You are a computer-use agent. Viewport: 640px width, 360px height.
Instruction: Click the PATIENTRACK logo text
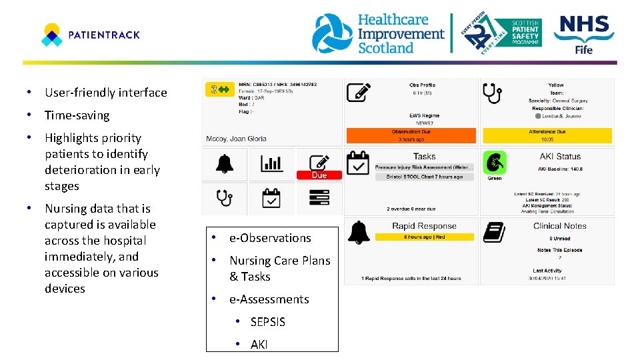(x=104, y=35)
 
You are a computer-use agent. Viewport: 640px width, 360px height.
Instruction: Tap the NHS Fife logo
(x=584, y=34)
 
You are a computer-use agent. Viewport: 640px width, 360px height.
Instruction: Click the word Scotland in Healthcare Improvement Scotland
(x=386, y=48)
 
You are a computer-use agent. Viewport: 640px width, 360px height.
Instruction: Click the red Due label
(x=319, y=175)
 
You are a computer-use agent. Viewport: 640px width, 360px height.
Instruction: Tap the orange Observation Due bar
(x=411, y=135)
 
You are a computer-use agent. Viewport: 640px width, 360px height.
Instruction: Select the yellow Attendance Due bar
(x=547, y=135)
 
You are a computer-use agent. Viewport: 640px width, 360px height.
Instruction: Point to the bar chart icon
(x=271, y=163)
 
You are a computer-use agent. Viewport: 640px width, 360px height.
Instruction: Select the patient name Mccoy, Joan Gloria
(x=236, y=139)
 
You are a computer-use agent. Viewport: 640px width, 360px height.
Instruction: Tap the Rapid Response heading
(x=424, y=226)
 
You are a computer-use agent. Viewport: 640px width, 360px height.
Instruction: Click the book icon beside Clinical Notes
(x=494, y=232)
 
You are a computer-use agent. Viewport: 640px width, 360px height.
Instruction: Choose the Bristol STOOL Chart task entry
(x=424, y=177)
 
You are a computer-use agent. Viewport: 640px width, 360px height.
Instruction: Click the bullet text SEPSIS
(x=267, y=322)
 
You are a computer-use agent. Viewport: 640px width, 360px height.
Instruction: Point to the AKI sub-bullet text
(x=259, y=345)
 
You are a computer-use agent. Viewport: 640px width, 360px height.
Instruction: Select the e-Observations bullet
(x=269, y=238)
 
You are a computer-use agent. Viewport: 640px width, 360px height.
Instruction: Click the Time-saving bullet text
(x=77, y=115)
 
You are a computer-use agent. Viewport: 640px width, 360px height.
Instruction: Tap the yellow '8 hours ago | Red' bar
(x=424, y=237)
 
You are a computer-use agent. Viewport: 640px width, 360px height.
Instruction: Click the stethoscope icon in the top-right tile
(x=493, y=93)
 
